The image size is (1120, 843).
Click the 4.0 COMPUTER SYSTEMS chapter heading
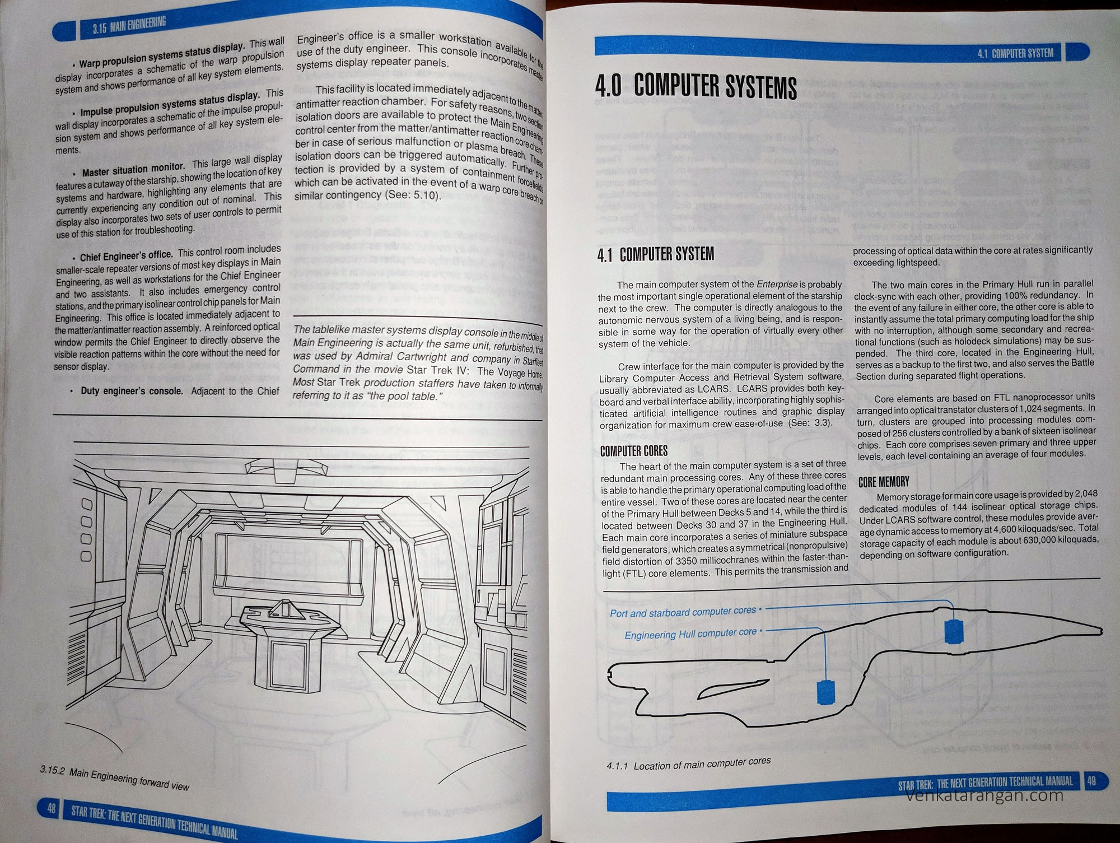pyautogui.click(x=696, y=87)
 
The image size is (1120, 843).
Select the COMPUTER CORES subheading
pyautogui.click(x=633, y=451)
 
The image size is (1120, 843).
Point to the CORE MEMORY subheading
pyautogui.click(x=884, y=482)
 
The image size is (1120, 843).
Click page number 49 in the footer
pyautogui.click(x=1091, y=781)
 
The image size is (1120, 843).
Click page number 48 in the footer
pyautogui.click(x=51, y=808)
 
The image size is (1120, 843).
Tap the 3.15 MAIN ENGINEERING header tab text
pyautogui.click(x=129, y=25)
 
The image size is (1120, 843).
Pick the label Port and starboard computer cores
pyautogui.click(x=683, y=612)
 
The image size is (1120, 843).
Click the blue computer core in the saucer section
pyautogui.click(x=953, y=631)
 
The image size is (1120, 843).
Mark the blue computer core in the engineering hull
pyautogui.click(x=825, y=692)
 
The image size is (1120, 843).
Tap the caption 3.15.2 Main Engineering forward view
pyautogui.click(x=115, y=779)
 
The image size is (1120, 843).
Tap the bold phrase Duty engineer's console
pyautogui.click(x=132, y=391)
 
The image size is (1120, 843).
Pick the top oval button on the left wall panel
pyautogui.click(x=86, y=505)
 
